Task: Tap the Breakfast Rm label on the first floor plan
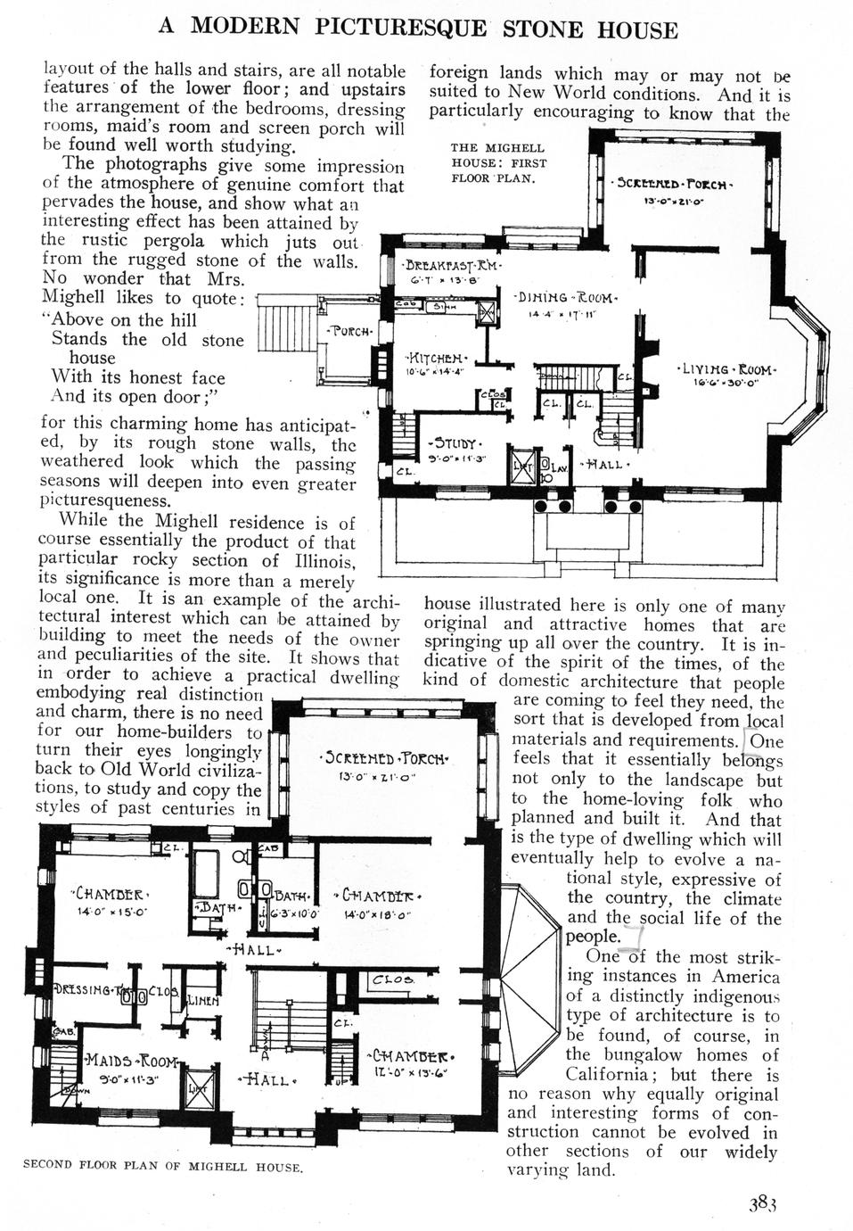click(451, 266)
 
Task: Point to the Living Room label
click(728, 368)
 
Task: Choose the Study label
click(455, 443)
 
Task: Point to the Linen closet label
click(201, 1000)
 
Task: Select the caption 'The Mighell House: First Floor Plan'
click(498, 162)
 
